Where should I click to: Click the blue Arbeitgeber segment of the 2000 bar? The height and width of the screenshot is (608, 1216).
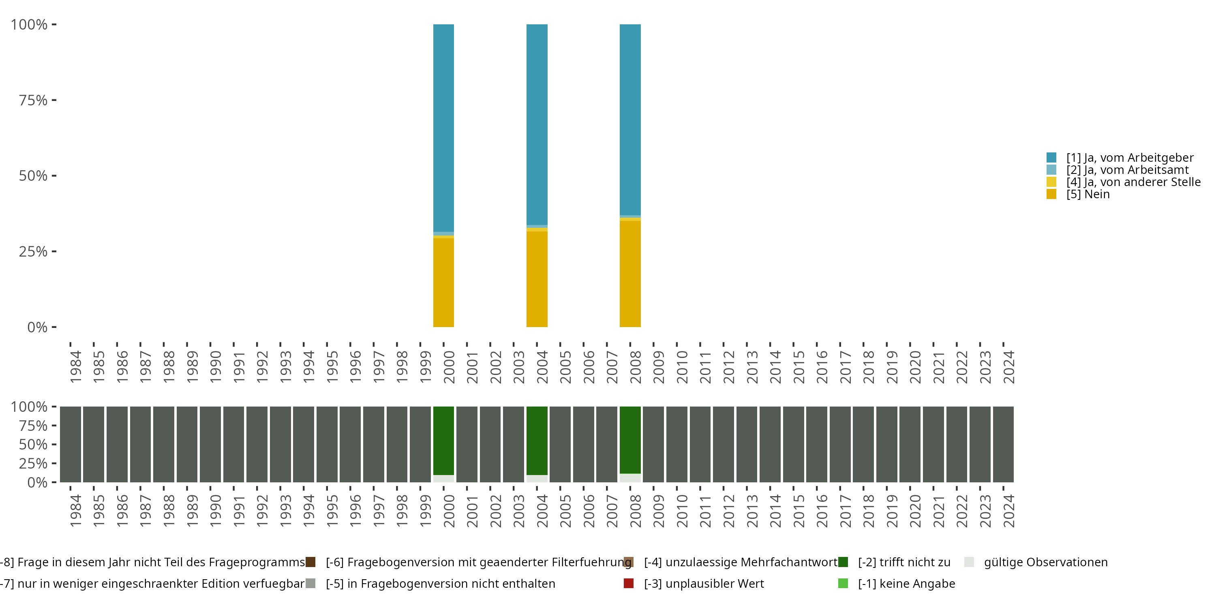point(443,127)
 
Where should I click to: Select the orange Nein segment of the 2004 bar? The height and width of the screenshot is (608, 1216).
point(537,278)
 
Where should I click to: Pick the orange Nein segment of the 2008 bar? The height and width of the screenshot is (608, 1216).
point(630,274)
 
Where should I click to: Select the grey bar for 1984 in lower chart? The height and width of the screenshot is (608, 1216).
point(71,444)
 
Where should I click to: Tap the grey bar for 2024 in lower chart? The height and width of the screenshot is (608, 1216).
point(1003,444)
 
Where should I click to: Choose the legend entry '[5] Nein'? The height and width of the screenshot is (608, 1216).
point(1088,194)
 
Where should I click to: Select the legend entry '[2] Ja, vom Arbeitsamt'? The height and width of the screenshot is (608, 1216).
point(1127,170)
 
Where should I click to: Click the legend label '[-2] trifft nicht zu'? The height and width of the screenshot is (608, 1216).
point(904,562)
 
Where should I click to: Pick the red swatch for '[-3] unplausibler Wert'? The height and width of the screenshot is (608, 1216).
point(628,583)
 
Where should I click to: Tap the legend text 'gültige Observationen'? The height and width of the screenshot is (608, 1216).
point(1046,562)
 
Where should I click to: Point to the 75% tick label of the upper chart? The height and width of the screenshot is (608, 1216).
point(33,100)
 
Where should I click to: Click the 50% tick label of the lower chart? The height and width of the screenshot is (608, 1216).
point(33,444)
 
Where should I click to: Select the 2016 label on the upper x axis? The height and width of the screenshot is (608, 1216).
point(822,367)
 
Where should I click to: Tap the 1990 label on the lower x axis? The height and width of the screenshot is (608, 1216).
point(215,511)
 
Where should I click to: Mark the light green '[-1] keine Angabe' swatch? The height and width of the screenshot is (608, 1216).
point(843,583)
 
